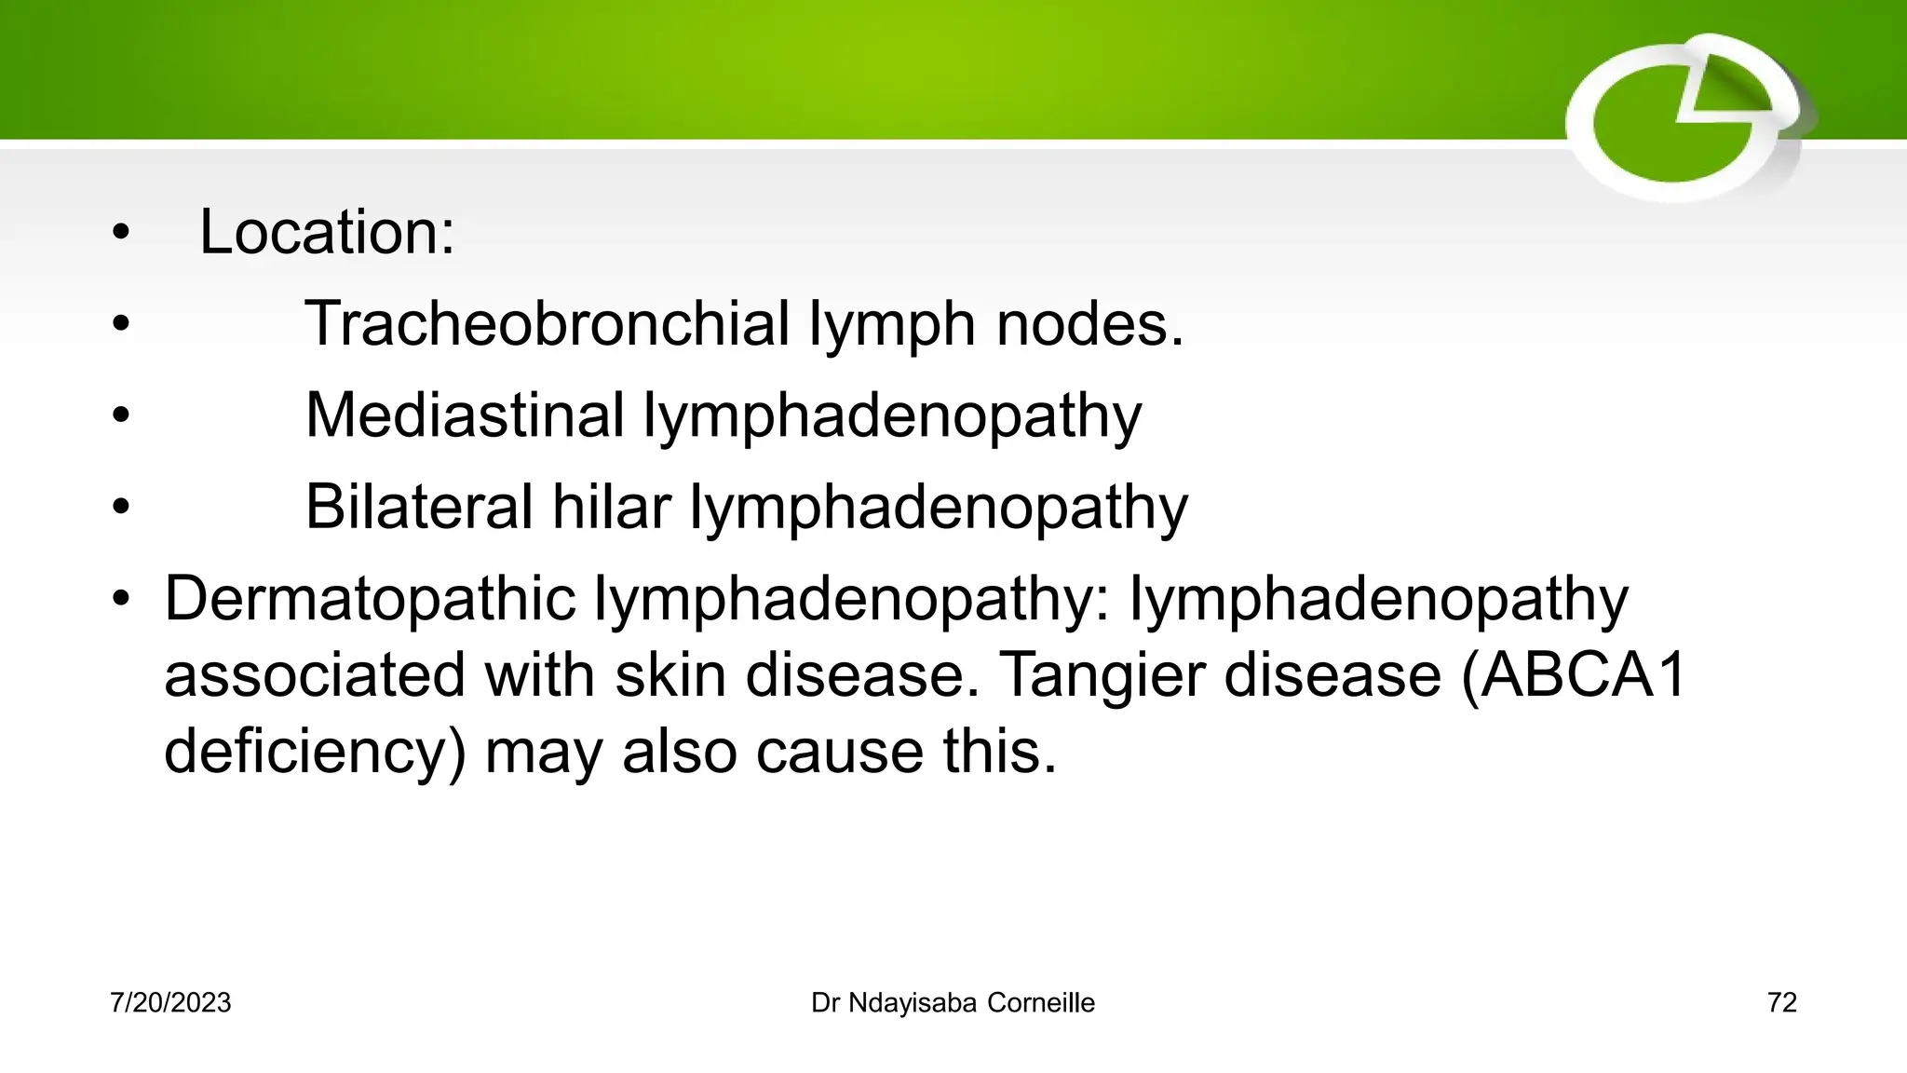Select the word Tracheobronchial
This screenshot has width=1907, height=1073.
[547, 324]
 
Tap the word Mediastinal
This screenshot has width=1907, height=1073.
[465, 414]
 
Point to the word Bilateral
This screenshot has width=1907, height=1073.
[419, 507]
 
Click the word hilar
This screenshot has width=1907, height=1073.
[611, 507]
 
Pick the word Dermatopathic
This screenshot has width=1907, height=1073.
[370, 598]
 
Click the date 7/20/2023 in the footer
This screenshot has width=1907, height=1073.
[170, 1003]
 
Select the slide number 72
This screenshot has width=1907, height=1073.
[1781, 1003]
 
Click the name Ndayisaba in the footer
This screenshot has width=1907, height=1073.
[912, 1003]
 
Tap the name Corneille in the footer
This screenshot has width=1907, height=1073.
[1040, 1003]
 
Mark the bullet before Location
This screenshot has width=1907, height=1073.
[120, 233]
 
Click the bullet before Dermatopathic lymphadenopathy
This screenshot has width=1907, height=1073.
[120, 599]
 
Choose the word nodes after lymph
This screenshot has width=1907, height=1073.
[1089, 324]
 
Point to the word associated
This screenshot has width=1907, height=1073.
[315, 674]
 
